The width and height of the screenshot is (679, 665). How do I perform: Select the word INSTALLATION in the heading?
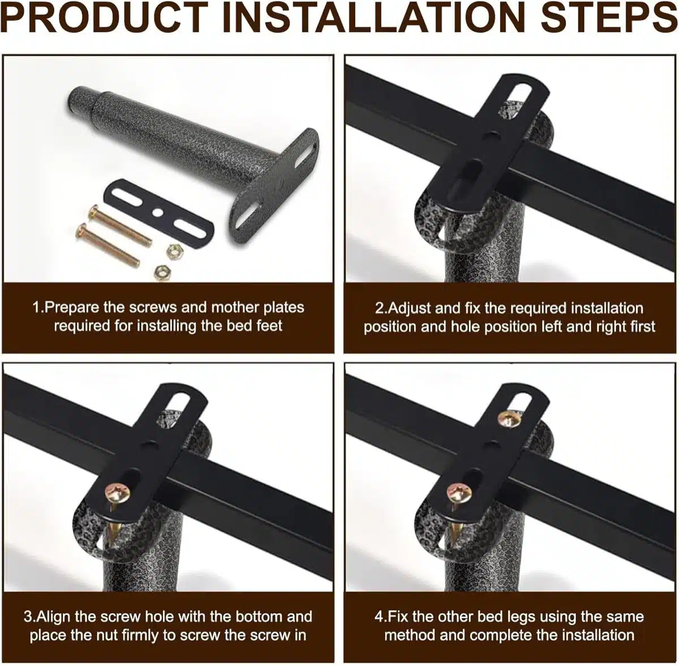(x=374, y=17)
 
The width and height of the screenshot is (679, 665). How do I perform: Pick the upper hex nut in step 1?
(x=173, y=251)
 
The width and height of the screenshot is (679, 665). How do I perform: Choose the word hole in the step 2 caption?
(x=465, y=327)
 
